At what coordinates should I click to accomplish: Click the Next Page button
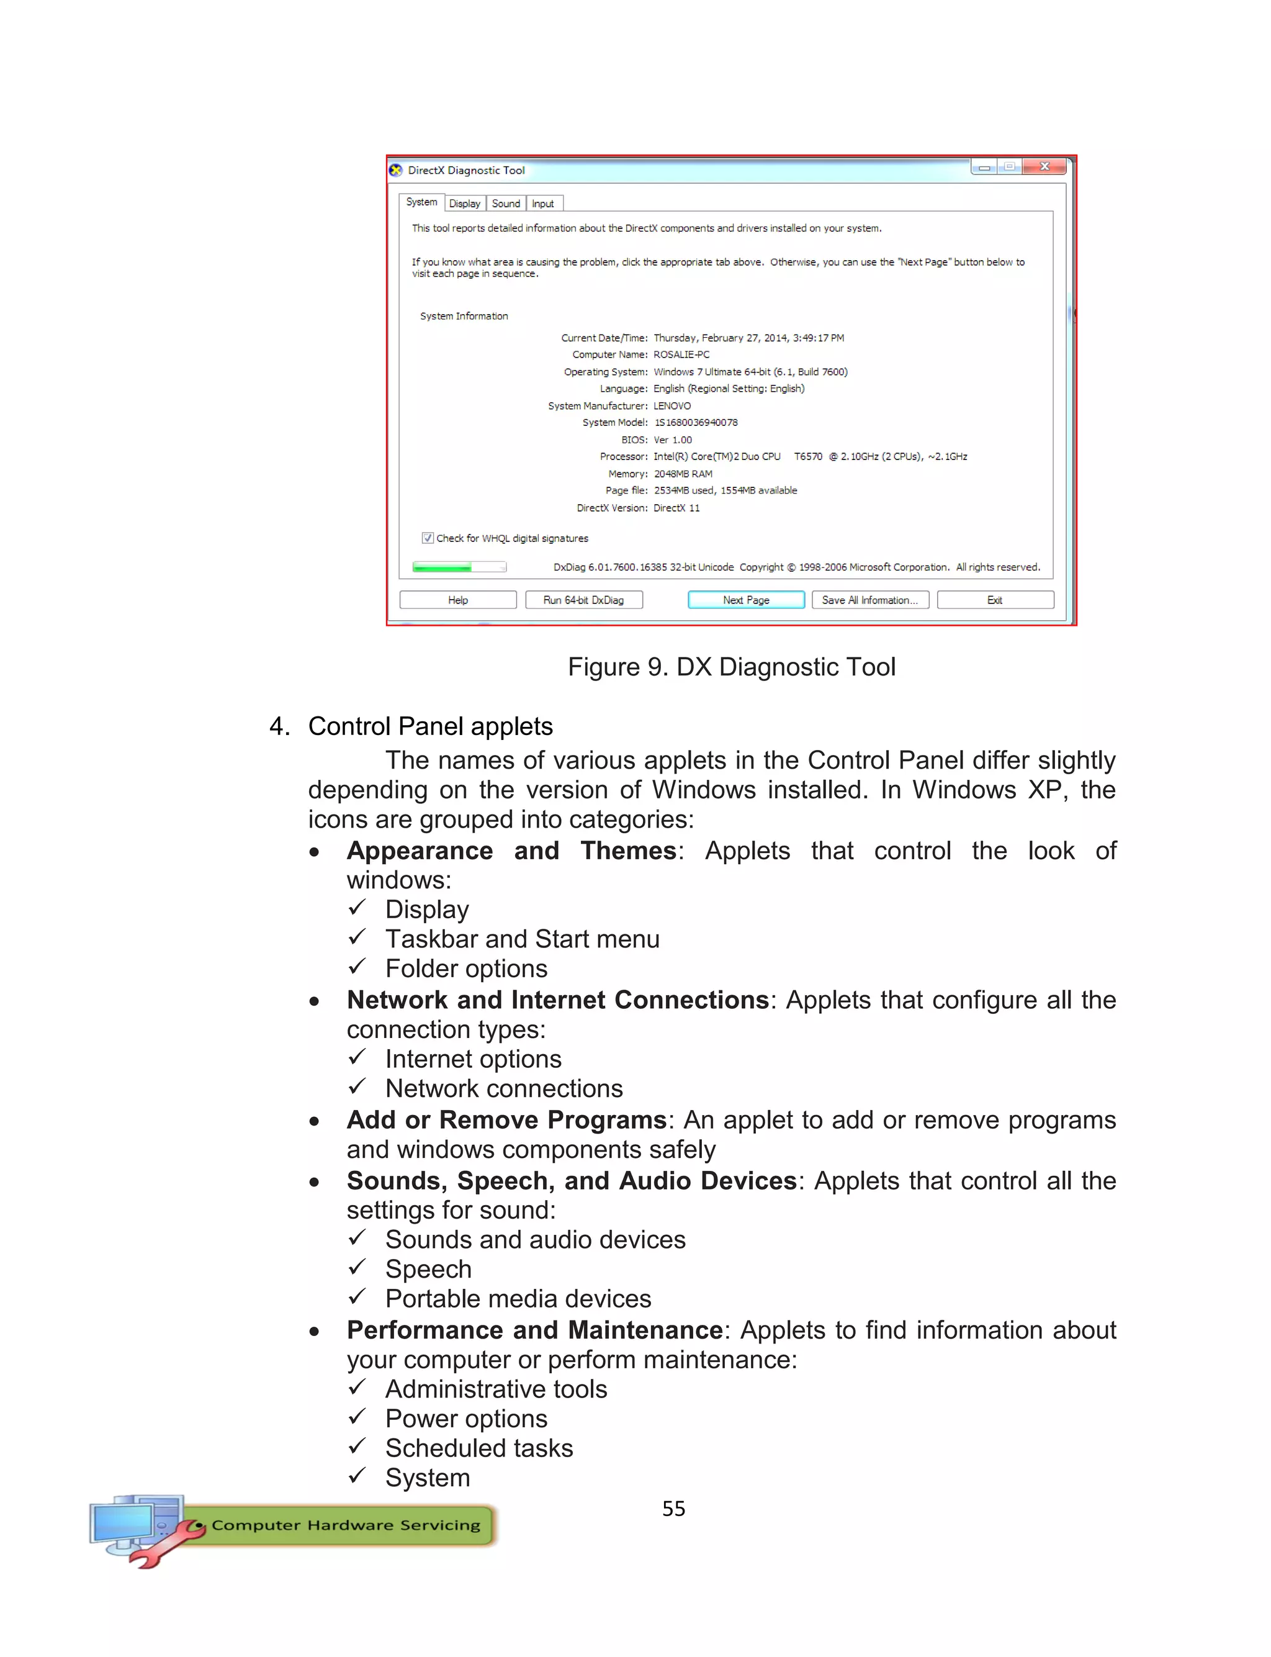745,600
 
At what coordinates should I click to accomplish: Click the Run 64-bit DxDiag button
583,600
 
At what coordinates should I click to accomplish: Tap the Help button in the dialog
458,600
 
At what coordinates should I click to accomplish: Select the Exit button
994,600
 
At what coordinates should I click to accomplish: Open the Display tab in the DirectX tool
464,204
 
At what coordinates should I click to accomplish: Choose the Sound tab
505,204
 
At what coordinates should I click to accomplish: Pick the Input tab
542,204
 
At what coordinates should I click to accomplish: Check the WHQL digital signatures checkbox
428,538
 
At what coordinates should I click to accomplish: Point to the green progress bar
442,567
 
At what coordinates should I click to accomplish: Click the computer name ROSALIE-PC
681,354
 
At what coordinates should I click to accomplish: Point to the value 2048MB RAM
683,474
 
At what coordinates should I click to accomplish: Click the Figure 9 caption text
732,667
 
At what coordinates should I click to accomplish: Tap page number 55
673,1508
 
